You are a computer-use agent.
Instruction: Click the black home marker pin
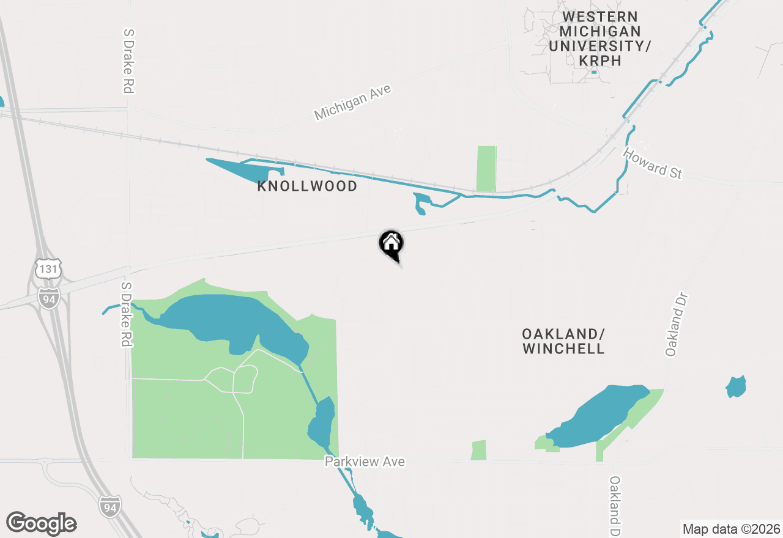(x=391, y=244)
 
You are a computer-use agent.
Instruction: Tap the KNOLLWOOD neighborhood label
(x=307, y=186)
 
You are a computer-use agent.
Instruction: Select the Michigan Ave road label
(x=352, y=102)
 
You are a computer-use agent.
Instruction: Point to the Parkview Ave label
(x=365, y=462)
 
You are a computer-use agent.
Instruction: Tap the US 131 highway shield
(x=48, y=269)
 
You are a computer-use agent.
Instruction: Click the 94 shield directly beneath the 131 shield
(x=48, y=297)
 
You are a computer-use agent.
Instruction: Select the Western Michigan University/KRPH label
(x=599, y=39)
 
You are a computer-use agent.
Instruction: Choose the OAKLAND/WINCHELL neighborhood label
(x=563, y=341)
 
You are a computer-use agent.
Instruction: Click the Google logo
(x=42, y=523)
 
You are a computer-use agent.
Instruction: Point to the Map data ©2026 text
(x=731, y=529)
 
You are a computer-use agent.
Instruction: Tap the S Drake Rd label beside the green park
(x=127, y=314)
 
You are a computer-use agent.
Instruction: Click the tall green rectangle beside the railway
(x=486, y=168)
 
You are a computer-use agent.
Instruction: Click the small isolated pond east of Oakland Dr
(x=736, y=387)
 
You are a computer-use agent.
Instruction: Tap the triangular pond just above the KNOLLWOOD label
(x=242, y=169)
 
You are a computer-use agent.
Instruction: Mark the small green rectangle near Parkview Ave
(x=479, y=450)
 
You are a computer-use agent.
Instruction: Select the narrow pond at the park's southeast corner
(x=322, y=422)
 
